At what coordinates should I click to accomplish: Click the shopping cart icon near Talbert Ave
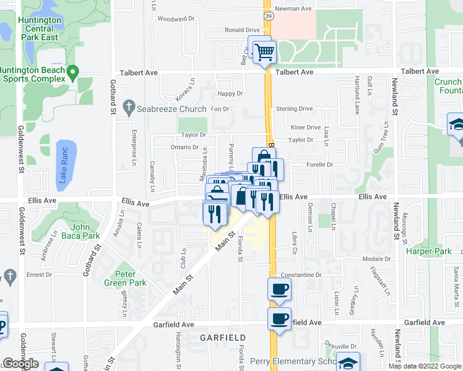pos(264,51)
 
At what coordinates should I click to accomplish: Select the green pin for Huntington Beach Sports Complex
pos(72,73)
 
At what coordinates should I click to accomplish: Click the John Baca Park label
pos(82,231)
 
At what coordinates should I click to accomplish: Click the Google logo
pos(20,364)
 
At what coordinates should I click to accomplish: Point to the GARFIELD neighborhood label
pos(223,338)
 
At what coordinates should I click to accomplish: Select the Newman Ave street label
pos(293,9)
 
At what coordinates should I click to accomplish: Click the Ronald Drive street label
pos(242,30)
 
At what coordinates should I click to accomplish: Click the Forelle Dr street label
pos(320,165)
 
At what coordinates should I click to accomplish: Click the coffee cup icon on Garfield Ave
pos(279,319)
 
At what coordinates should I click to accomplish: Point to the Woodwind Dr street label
pos(172,19)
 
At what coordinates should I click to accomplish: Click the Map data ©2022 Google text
pos(424,366)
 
